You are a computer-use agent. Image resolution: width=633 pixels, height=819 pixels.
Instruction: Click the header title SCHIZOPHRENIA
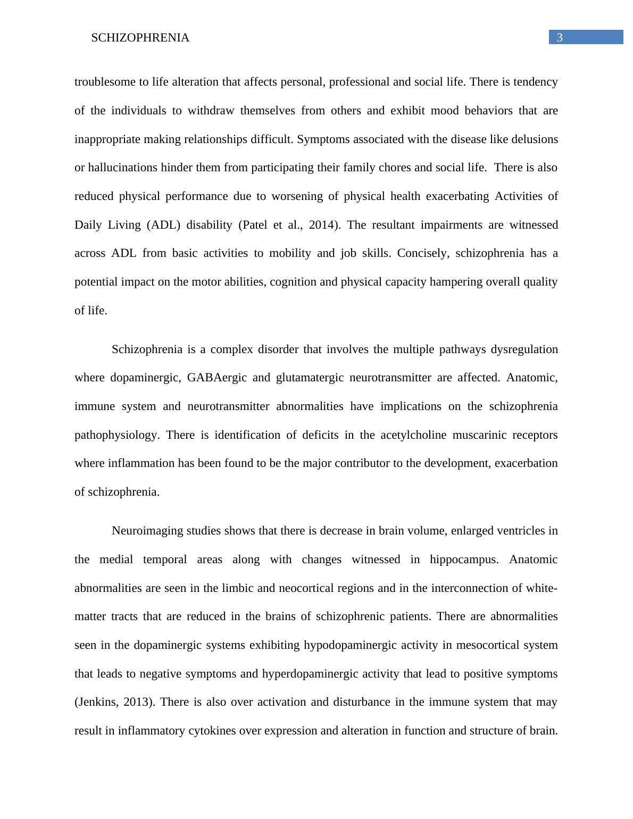click(x=140, y=38)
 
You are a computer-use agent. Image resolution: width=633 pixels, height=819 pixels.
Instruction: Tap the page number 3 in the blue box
click(x=560, y=38)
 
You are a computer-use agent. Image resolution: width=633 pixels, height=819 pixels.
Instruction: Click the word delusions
click(x=535, y=139)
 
